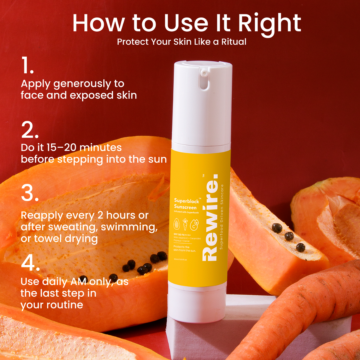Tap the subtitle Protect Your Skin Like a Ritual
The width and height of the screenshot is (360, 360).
(182, 42)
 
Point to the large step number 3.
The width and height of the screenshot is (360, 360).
(30, 193)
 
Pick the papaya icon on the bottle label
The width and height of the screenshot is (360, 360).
(177, 224)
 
